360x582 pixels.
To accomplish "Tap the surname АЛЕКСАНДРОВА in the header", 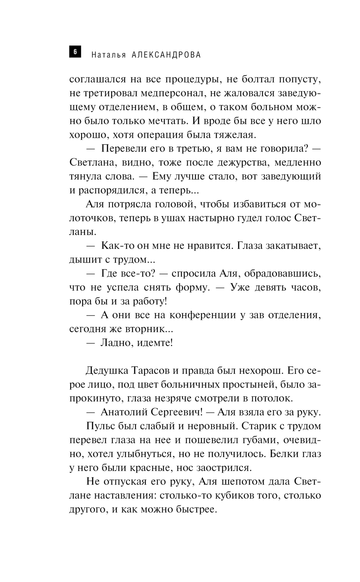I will tap(166, 55).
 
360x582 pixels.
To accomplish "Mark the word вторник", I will tap(143, 329).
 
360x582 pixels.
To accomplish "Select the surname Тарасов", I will tap(153, 371).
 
